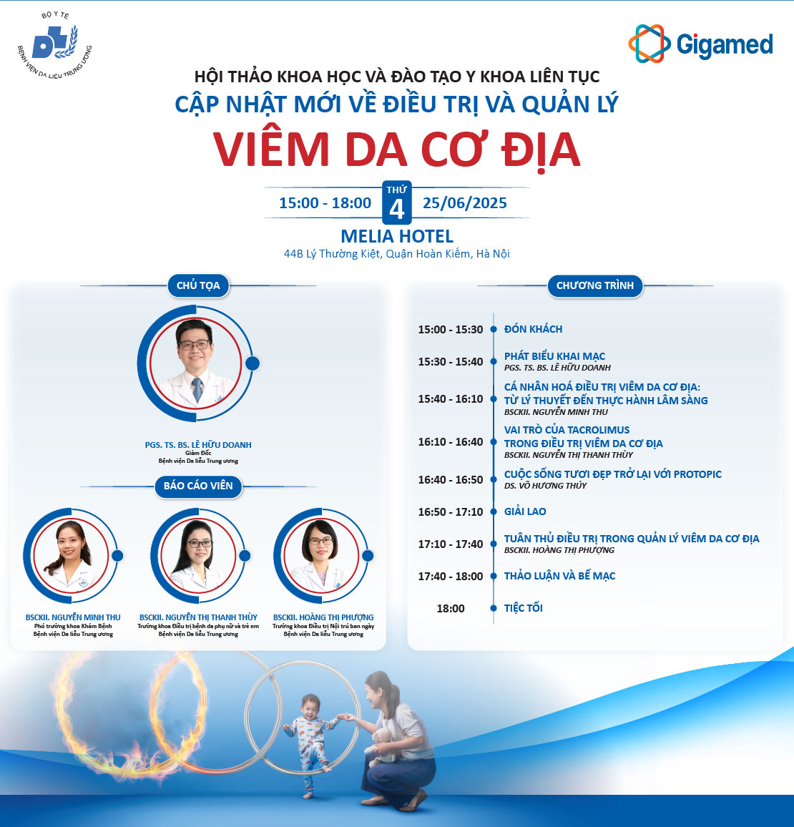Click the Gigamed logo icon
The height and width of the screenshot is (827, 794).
(x=649, y=44)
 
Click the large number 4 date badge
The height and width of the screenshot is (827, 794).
(x=396, y=202)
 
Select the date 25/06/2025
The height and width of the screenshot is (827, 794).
(x=464, y=203)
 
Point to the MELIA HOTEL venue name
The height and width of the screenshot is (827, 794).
(x=397, y=236)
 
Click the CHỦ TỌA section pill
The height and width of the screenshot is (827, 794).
(x=198, y=285)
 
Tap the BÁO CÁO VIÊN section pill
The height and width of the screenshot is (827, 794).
(x=198, y=486)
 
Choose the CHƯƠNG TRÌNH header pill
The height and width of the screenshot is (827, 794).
(x=594, y=285)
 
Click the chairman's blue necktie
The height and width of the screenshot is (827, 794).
(x=197, y=389)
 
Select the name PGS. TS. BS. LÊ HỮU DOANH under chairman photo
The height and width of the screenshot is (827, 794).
(x=198, y=444)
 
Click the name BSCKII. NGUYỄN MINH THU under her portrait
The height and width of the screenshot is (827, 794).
(x=73, y=617)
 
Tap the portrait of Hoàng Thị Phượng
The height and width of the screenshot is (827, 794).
(x=321, y=555)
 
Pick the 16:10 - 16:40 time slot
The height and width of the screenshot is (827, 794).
(x=450, y=442)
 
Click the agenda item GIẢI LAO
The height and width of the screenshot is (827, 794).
(x=525, y=511)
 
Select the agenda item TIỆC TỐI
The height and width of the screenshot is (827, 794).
(x=524, y=607)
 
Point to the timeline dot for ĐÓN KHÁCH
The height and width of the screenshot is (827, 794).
(x=494, y=329)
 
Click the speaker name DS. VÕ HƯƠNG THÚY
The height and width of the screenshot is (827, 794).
(x=545, y=485)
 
